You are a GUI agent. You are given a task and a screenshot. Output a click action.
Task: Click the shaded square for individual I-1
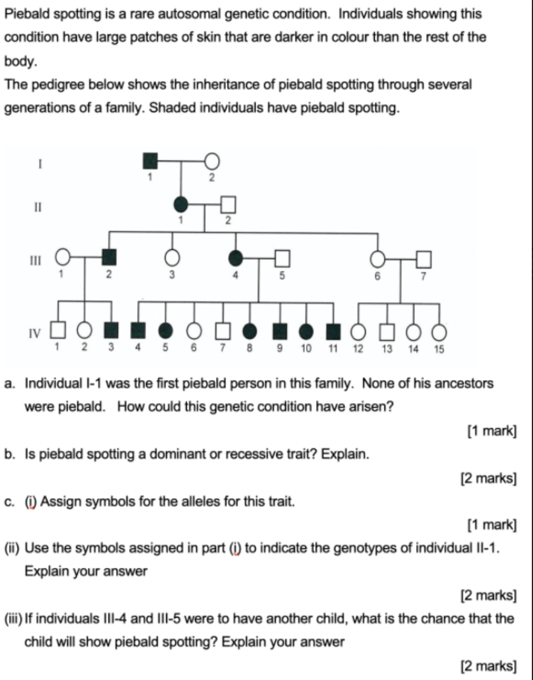(151, 161)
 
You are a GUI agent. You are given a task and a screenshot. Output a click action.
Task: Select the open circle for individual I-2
(211, 161)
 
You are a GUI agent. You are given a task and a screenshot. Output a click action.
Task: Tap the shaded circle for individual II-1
(181, 203)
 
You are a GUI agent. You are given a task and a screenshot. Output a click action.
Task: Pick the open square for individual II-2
(228, 203)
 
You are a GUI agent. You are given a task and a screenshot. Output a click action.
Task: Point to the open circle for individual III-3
(171, 259)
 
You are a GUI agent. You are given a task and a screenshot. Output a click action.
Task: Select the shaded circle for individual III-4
(235, 259)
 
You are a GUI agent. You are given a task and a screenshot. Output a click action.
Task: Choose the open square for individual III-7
(423, 259)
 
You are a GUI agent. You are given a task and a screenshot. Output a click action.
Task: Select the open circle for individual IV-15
(439, 331)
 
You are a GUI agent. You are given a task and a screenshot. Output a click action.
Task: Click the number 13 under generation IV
(387, 348)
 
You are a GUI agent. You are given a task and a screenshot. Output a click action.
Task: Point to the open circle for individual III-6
(377, 259)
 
